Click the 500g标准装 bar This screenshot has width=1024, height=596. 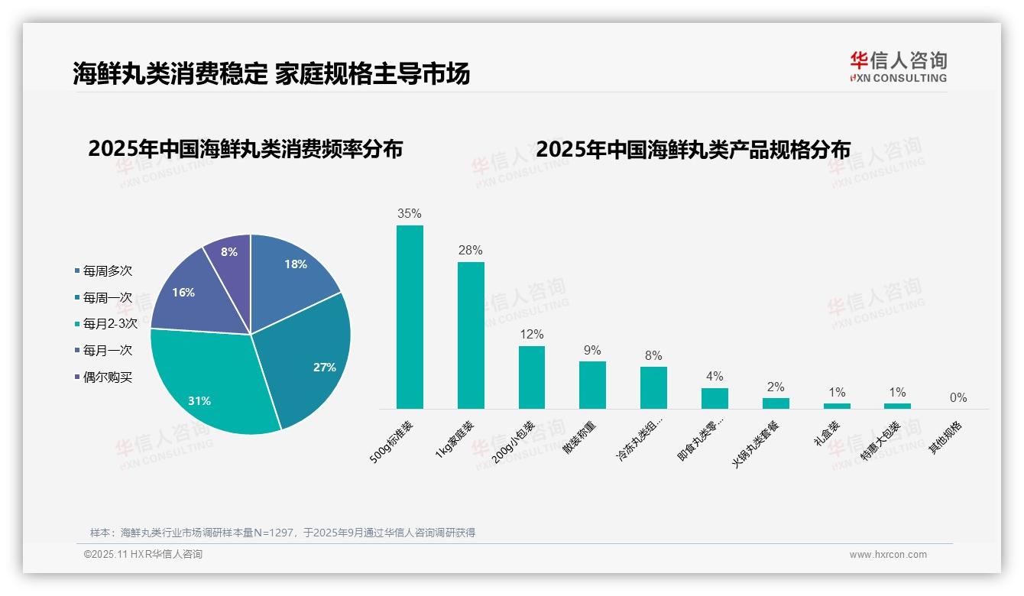pos(410,317)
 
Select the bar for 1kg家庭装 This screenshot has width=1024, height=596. pos(471,335)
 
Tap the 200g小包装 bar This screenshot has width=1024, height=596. pos(532,377)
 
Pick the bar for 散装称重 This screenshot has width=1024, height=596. pos(592,385)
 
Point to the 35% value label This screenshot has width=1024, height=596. pos(410,214)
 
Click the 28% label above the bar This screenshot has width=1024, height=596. pos(471,251)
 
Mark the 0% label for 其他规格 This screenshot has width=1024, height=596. pos(958,398)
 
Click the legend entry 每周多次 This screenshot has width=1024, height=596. pos(107,271)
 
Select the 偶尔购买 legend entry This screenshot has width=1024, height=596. pos(107,377)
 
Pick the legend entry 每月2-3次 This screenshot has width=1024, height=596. pos(110,324)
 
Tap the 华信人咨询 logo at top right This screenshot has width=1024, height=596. pos(899,66)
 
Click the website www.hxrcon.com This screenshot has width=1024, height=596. pos(888,555)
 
